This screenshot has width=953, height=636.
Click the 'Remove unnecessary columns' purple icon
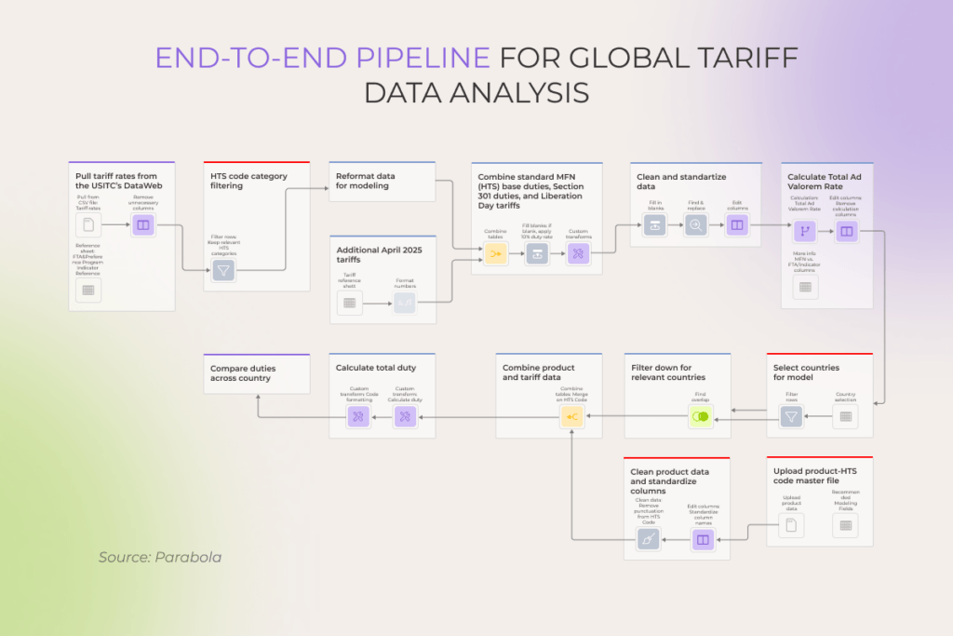click(143, 224)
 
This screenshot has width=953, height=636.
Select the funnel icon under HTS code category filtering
click(222, 270)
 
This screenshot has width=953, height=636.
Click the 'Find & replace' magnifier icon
click(696, 224)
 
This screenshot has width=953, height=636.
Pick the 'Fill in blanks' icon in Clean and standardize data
click(655, 224)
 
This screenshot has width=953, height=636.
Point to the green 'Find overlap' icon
click(701, 416)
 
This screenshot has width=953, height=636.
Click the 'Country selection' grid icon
click(845, 416)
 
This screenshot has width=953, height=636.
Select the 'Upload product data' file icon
click(791, 526)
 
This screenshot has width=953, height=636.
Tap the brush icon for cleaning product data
click(649, 538)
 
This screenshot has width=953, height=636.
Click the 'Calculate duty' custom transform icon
click(406, 416)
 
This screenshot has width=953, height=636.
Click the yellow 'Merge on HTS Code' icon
click(572, 416)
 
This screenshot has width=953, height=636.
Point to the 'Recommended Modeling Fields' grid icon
click(845, 526)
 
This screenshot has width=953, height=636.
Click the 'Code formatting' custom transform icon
click(359, 416)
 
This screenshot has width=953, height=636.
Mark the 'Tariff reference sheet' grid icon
click(350, 302)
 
